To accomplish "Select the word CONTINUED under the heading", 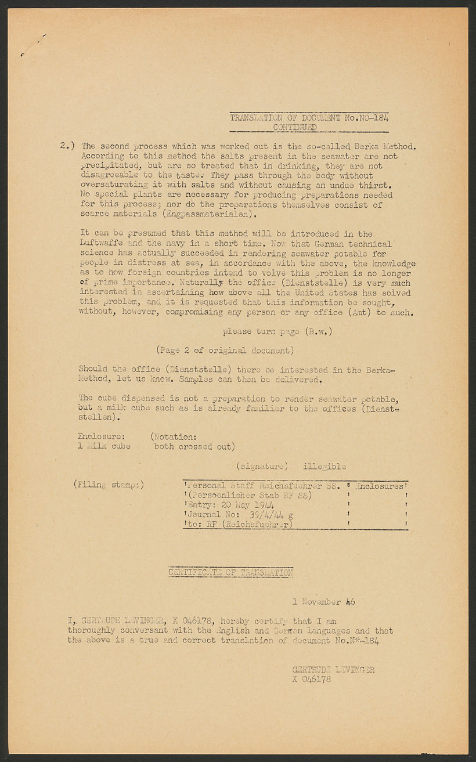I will coord(295,127).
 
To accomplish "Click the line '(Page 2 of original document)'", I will coord(225,351).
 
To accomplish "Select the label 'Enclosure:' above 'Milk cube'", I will coord(101,436).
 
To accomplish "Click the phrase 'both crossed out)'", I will coord(194,446).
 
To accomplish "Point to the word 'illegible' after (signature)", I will coord(324,466).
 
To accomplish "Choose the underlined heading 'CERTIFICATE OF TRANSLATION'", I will coord(230,573).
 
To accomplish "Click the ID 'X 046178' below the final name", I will coord(312,679).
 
